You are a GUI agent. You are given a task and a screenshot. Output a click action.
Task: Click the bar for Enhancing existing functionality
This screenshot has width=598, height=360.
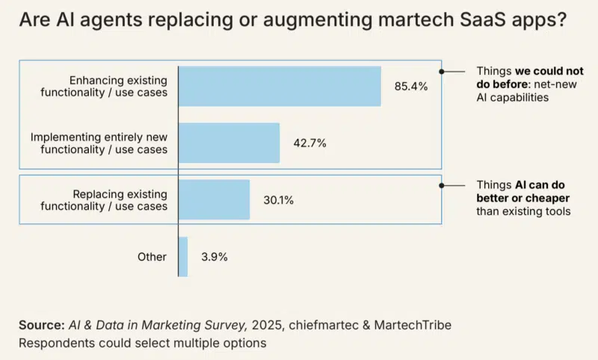point(280,86)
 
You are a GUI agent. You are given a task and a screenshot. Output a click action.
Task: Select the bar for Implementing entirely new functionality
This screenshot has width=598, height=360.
point(229,143)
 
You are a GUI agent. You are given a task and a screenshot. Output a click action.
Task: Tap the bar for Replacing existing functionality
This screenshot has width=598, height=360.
point(214,199)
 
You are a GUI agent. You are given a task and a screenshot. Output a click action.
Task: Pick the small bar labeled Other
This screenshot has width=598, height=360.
point(183,256)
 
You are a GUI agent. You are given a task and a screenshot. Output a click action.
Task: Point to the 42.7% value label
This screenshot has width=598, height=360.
point(309,143)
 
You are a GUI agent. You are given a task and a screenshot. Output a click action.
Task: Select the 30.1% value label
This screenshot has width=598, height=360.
point(279,199)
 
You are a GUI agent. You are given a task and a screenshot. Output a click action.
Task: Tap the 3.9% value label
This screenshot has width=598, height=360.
point(214,256)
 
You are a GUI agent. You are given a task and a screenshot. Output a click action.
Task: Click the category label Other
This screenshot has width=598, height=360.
point(152,256)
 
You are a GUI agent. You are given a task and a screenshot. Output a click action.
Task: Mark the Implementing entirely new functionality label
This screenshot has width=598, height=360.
point(99,143)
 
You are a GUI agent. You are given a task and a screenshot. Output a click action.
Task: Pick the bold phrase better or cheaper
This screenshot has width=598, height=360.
point(523,198)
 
